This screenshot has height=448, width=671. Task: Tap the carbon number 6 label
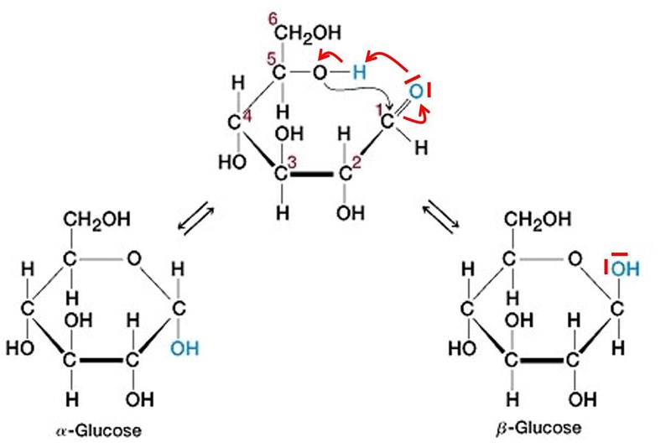tap(274, 19)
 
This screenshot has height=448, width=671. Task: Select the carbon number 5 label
tap(271, 59)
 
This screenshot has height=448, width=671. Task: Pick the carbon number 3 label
tap(291, 162)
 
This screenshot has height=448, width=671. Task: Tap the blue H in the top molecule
tap(359, 74)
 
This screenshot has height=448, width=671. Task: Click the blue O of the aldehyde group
tap(415, 94)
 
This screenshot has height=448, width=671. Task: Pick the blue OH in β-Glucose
tap(625, 269)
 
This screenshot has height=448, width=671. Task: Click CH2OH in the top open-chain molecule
tap(311, 33)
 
